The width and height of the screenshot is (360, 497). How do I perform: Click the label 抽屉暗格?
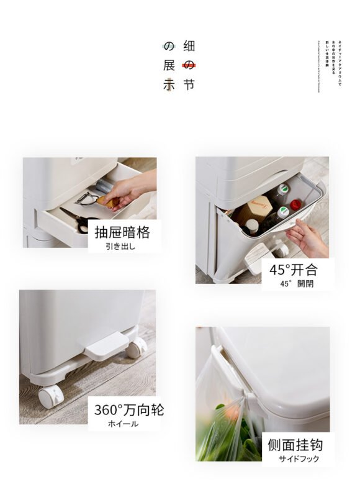coord(122,233)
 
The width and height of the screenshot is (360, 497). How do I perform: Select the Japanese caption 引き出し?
coord(120,247)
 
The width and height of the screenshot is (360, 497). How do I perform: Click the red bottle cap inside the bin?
coord(296,204)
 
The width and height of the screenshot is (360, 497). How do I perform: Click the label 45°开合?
coord(294,270)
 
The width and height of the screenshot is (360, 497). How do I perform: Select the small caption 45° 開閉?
coord(293,283)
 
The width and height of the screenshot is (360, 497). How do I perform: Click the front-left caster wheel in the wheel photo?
coord(51,396)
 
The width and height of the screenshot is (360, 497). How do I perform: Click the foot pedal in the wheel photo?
coord(107,344)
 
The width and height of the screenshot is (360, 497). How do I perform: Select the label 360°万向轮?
coord(129,410)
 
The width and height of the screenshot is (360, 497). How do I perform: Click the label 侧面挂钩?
coord(295,445)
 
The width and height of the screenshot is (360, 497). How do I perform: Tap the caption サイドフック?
coord(298,459)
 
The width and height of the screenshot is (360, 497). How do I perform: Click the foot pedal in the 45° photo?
coord(257,256)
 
